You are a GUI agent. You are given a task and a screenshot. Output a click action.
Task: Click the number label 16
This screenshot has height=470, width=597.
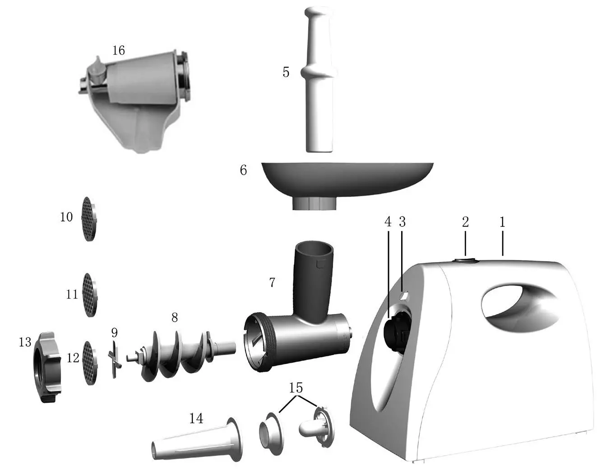point(118,50)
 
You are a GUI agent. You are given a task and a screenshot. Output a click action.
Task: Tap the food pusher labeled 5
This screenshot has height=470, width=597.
point(319,81)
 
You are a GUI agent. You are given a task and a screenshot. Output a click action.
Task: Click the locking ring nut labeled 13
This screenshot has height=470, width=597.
point(46,367)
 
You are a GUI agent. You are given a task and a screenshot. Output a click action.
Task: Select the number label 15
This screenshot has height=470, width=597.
point(296,388)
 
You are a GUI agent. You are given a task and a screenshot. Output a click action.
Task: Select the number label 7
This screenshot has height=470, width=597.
point(272,283)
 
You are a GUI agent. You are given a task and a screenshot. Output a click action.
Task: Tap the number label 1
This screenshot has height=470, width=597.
point(502,222)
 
